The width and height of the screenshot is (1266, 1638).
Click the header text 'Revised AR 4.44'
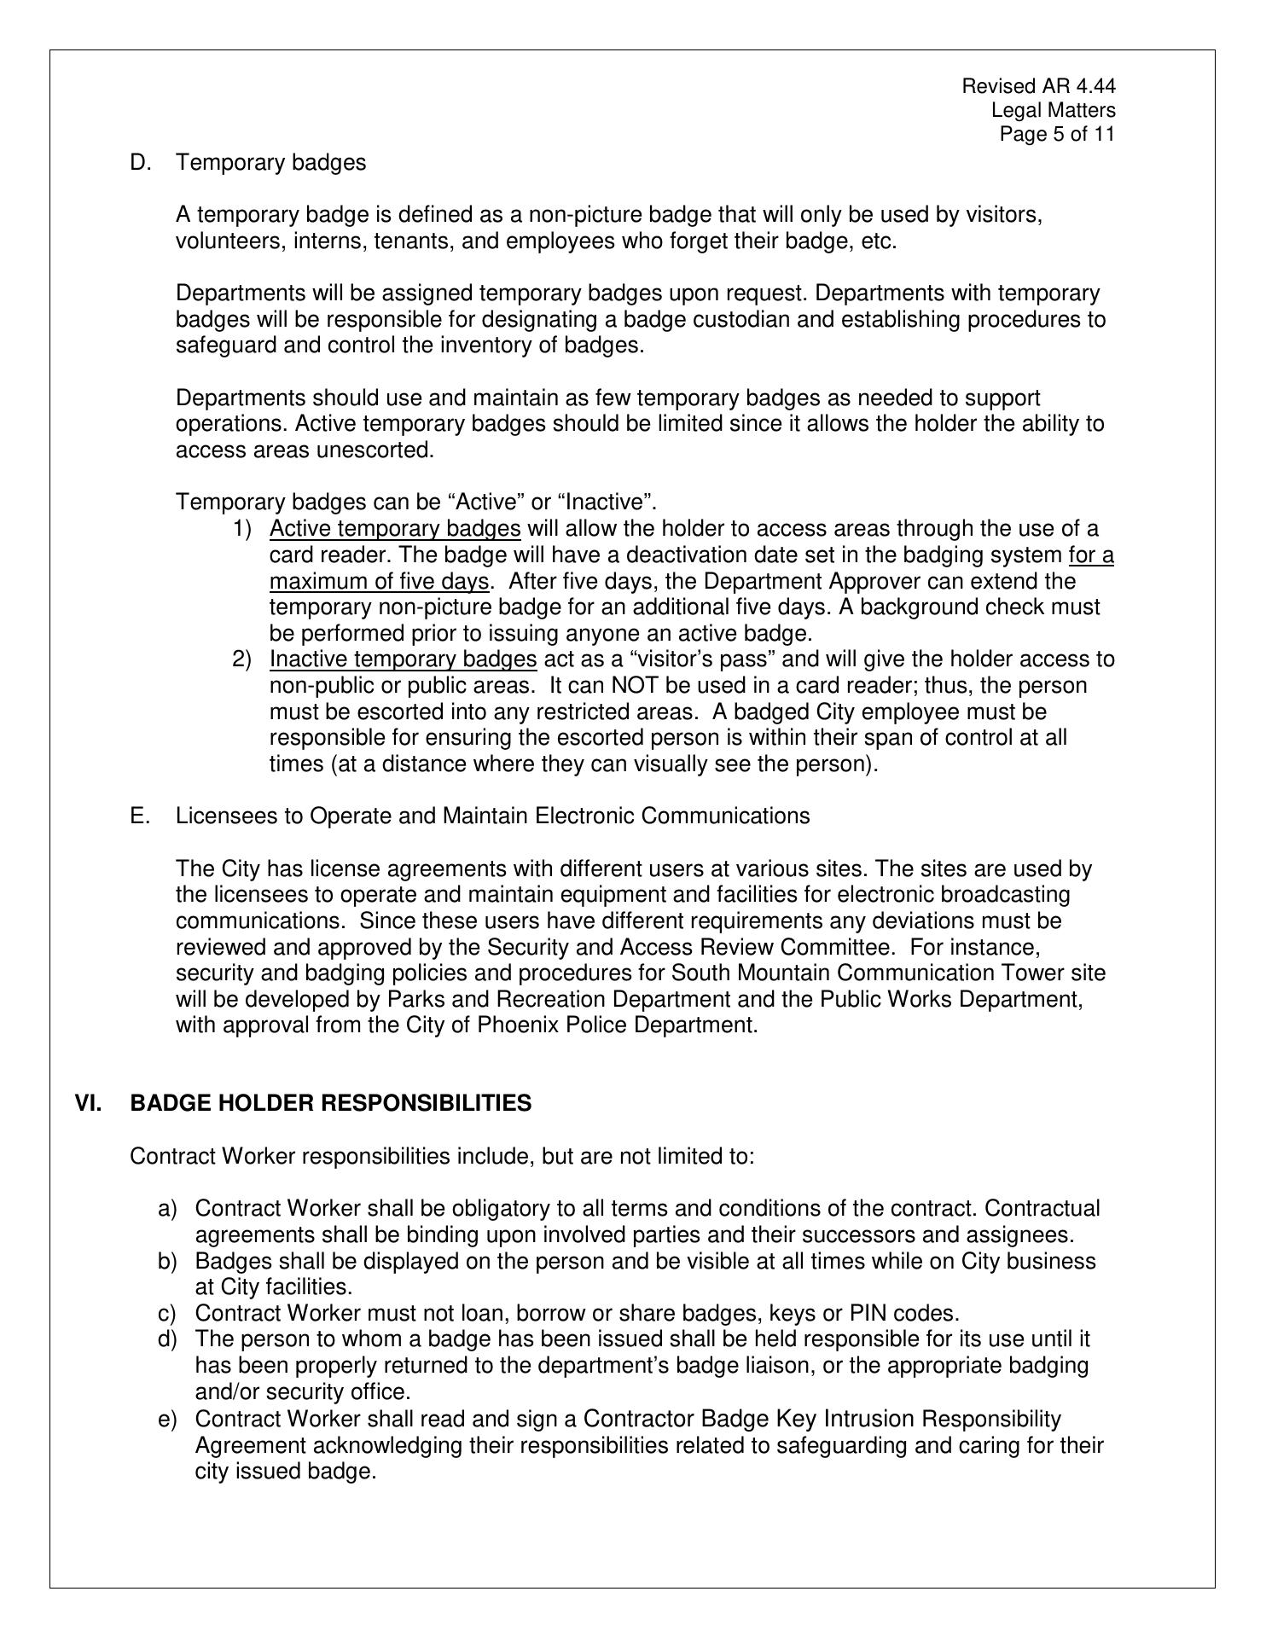pos(1038,86)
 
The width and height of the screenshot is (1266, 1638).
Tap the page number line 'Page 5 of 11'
pos(1057,135)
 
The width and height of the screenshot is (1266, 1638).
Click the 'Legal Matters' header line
pos(1053,110)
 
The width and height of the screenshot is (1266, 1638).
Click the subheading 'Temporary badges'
pos(270,162)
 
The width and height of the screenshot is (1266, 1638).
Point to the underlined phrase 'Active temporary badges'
pos(395,529)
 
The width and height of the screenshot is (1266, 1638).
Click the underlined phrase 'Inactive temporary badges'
pos(403,659)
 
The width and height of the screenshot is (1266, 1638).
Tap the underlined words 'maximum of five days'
pos(380,582)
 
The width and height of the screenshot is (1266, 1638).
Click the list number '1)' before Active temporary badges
pos(242,529)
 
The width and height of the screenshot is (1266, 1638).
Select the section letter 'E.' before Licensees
pos(140,816)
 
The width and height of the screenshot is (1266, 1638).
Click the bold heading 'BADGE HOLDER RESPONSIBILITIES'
pos(331,1104)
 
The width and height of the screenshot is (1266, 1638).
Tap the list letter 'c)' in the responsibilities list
pos(167,1314)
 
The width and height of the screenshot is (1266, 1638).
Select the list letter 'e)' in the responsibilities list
pos(167,1419)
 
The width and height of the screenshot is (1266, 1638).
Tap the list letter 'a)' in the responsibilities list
pos(167,1209)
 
